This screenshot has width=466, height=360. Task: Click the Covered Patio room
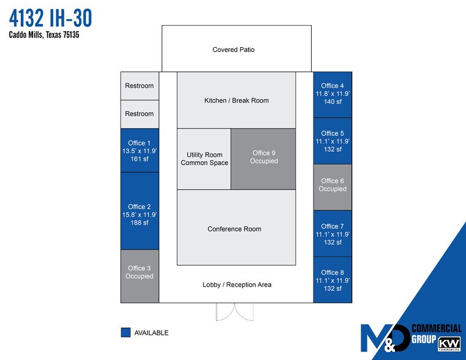pos(236,49)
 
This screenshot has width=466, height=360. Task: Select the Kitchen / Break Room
pos(236,100)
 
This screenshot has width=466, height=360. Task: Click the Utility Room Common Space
pos(204,159)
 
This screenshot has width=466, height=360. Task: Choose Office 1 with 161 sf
pos(140,151)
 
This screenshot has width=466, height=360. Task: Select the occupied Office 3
pos(140,272)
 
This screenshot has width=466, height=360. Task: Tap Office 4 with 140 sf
pos(333,94)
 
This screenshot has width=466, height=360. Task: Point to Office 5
pos(333,141)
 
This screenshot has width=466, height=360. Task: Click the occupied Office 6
pos(333,185)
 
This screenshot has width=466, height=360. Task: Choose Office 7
pos(333,234)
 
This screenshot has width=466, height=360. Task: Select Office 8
pos(333,280)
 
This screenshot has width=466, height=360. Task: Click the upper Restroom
pos(140,86)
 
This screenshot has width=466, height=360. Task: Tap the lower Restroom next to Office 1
pos(140,114)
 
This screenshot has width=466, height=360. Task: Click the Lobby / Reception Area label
pos(236,285)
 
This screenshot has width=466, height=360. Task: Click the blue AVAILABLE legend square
pos(126,332)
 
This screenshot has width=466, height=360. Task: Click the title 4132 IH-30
pos(51,18)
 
